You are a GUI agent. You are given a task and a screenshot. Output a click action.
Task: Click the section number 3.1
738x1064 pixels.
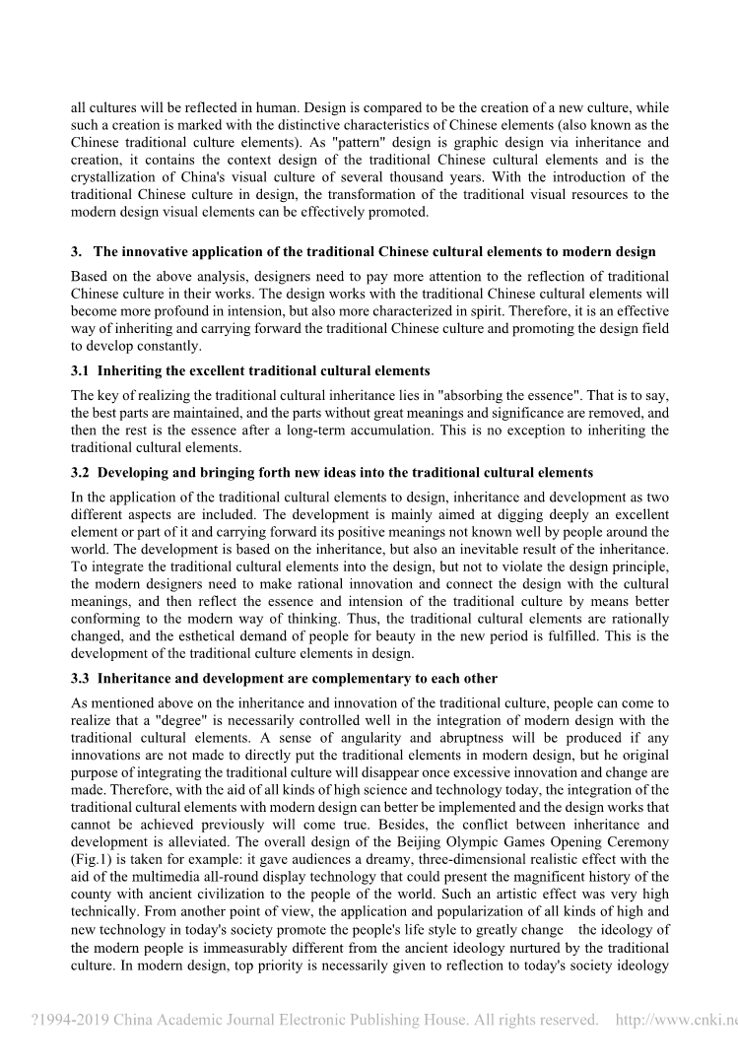[80, 371]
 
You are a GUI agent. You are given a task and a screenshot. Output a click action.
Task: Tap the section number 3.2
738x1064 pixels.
[80, 473]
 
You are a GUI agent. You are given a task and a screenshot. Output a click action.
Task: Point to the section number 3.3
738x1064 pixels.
[80, 679]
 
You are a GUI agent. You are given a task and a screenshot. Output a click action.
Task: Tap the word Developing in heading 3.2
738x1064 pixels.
[135, 473]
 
